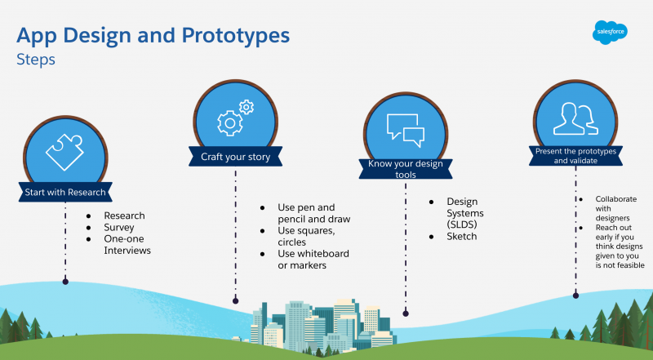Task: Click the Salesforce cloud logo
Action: pos(610,32)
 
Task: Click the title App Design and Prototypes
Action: pos(153,36)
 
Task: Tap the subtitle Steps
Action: pos(36,59)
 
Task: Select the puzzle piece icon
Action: pos(65,152)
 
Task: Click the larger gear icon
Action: pos(230,123)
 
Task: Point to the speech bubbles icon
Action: pos(405,130)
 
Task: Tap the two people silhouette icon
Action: pos(575,118)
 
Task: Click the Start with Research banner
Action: pos(65,192)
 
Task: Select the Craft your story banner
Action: pos(235,157)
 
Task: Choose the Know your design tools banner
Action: pos(406,169)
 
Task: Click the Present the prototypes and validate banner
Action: pos(575,156)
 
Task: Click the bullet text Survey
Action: pos(119,228)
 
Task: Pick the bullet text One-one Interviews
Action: pos(127,245)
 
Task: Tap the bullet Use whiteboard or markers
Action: pos(313,259)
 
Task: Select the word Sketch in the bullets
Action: pos(461,236)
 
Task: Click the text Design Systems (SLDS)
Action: pos(465,213)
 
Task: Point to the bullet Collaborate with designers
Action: pos(616,208)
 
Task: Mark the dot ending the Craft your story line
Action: pos(235,300)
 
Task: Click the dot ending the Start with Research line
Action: pos(65,282)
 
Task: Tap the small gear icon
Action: pos(247,107)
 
